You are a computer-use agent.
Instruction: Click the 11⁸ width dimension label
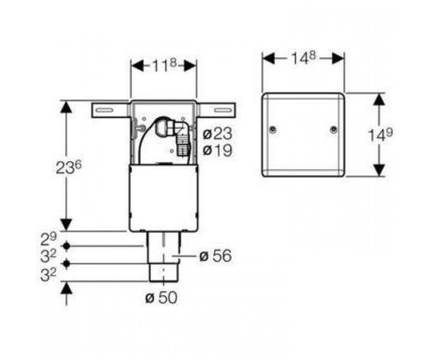click(165, 66)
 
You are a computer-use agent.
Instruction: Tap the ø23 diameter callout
click(217, 134)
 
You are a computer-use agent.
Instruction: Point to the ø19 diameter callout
click(217, 150)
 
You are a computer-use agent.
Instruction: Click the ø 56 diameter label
click(215, 256)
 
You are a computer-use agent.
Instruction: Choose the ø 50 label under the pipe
click(161, 298)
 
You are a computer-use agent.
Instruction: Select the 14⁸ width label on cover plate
click(303, 58)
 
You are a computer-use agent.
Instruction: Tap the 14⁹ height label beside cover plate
click(380, 135)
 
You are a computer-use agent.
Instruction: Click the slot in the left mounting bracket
click(104, 110)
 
